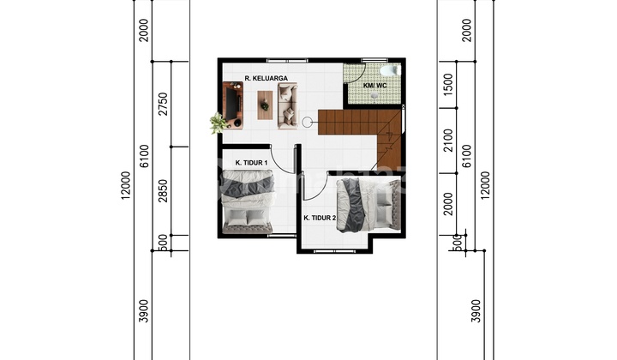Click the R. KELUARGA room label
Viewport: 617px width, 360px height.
266,78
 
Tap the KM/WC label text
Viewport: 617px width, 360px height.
374,86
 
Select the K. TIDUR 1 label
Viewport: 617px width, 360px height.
251,163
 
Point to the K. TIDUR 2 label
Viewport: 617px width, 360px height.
320,218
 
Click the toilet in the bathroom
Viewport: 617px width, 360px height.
390,71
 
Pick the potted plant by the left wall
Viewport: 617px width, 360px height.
219,123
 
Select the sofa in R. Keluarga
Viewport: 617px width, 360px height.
288,105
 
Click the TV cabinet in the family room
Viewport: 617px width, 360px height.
232,105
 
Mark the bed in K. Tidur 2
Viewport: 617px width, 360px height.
368,205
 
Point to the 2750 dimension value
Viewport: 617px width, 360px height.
163,104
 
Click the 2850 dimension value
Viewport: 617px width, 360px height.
163,191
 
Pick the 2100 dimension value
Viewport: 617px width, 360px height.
448,141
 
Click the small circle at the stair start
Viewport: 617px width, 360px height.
307,123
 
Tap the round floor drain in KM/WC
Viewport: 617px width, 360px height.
374,96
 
